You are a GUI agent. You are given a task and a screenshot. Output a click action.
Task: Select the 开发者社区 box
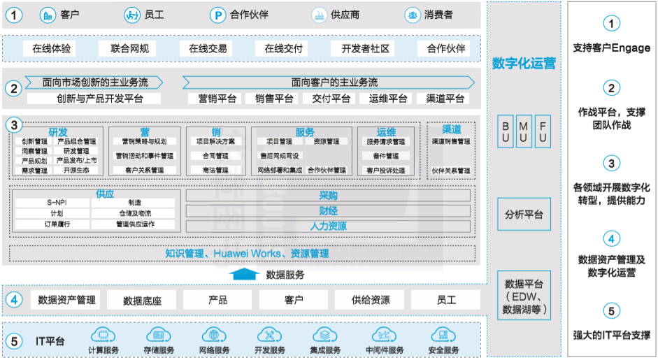364,49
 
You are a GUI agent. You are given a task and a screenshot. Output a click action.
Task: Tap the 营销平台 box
217,99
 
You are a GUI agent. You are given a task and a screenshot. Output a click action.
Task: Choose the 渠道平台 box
445,99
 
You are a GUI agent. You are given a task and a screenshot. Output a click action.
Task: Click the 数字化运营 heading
524,63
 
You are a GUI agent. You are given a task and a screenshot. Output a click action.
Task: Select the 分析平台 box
524,215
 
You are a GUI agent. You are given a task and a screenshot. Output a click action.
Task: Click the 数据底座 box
142,300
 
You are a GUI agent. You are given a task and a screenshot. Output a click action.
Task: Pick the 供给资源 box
371,300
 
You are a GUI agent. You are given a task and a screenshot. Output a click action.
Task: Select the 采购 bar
328,195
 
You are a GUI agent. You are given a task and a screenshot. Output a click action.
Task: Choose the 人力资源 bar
328,226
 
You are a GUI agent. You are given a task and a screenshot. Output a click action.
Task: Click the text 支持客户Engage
611,48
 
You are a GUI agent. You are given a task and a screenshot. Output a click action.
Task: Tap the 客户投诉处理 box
385,170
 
